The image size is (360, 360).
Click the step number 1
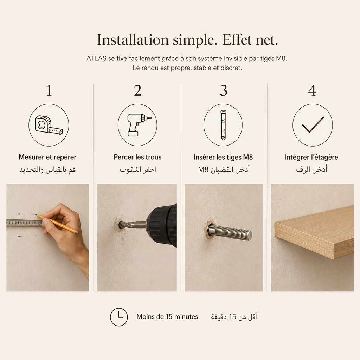point(49,90)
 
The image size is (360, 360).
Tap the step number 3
point(224,90)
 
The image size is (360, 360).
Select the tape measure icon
point(49,125)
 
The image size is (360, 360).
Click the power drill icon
point(138,125)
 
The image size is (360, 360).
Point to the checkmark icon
point(313,125)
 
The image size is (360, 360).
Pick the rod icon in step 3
point(223,125)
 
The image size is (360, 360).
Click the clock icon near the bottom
point(119,317)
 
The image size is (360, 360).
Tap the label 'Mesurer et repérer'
point(47,157)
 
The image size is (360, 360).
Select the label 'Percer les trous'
point(137,157)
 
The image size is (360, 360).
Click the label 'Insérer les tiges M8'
point(223,157)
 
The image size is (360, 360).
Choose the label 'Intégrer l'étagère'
point(311,157)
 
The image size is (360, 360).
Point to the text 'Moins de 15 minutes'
point(167,317)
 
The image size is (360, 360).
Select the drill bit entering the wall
point(132,224)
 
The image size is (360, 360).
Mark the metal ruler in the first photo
point(24,223)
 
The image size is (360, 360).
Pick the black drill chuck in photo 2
point(162,225)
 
